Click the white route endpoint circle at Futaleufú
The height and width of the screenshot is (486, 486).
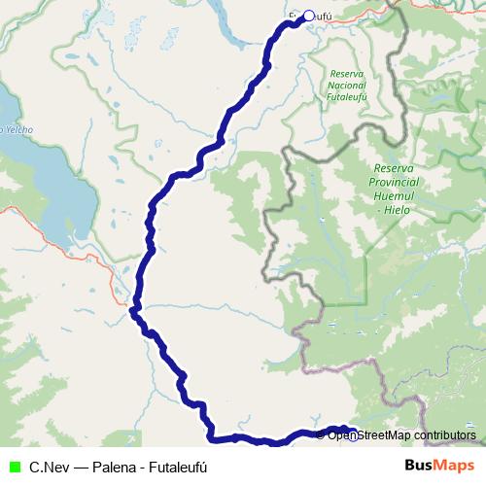click(x=309, y=16)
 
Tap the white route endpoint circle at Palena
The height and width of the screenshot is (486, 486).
click(x=353, y=434)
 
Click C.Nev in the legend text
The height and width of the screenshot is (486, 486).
click(x=48, y=467)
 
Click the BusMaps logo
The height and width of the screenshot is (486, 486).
click(x=438, y=467)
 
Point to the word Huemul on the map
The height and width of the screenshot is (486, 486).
click(x=396, y=195)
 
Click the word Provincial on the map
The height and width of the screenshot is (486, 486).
click(x=396, y=182)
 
